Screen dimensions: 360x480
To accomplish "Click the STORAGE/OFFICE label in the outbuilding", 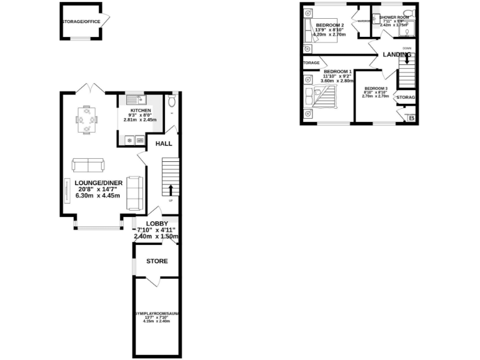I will coord(81,21).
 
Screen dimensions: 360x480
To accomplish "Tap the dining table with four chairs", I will coord(87,119).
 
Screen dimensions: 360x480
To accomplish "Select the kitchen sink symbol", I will coord(136,99).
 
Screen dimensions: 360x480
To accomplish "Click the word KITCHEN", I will coord(141,110).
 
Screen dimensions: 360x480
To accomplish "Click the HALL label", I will coord(164,144).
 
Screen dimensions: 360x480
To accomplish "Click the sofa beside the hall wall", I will coord(134,192).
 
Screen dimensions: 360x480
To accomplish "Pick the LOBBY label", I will coord(157,223).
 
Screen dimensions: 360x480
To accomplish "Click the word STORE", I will coord(157,261).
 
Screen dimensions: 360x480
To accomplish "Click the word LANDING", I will coord(397,55).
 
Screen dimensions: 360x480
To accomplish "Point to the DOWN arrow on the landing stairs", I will coord(407,60).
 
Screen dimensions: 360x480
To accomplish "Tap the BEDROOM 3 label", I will coord(376,88).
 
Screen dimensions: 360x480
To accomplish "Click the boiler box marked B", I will coord(411,117).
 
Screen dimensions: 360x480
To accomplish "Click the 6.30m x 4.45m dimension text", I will coord(97,196).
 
